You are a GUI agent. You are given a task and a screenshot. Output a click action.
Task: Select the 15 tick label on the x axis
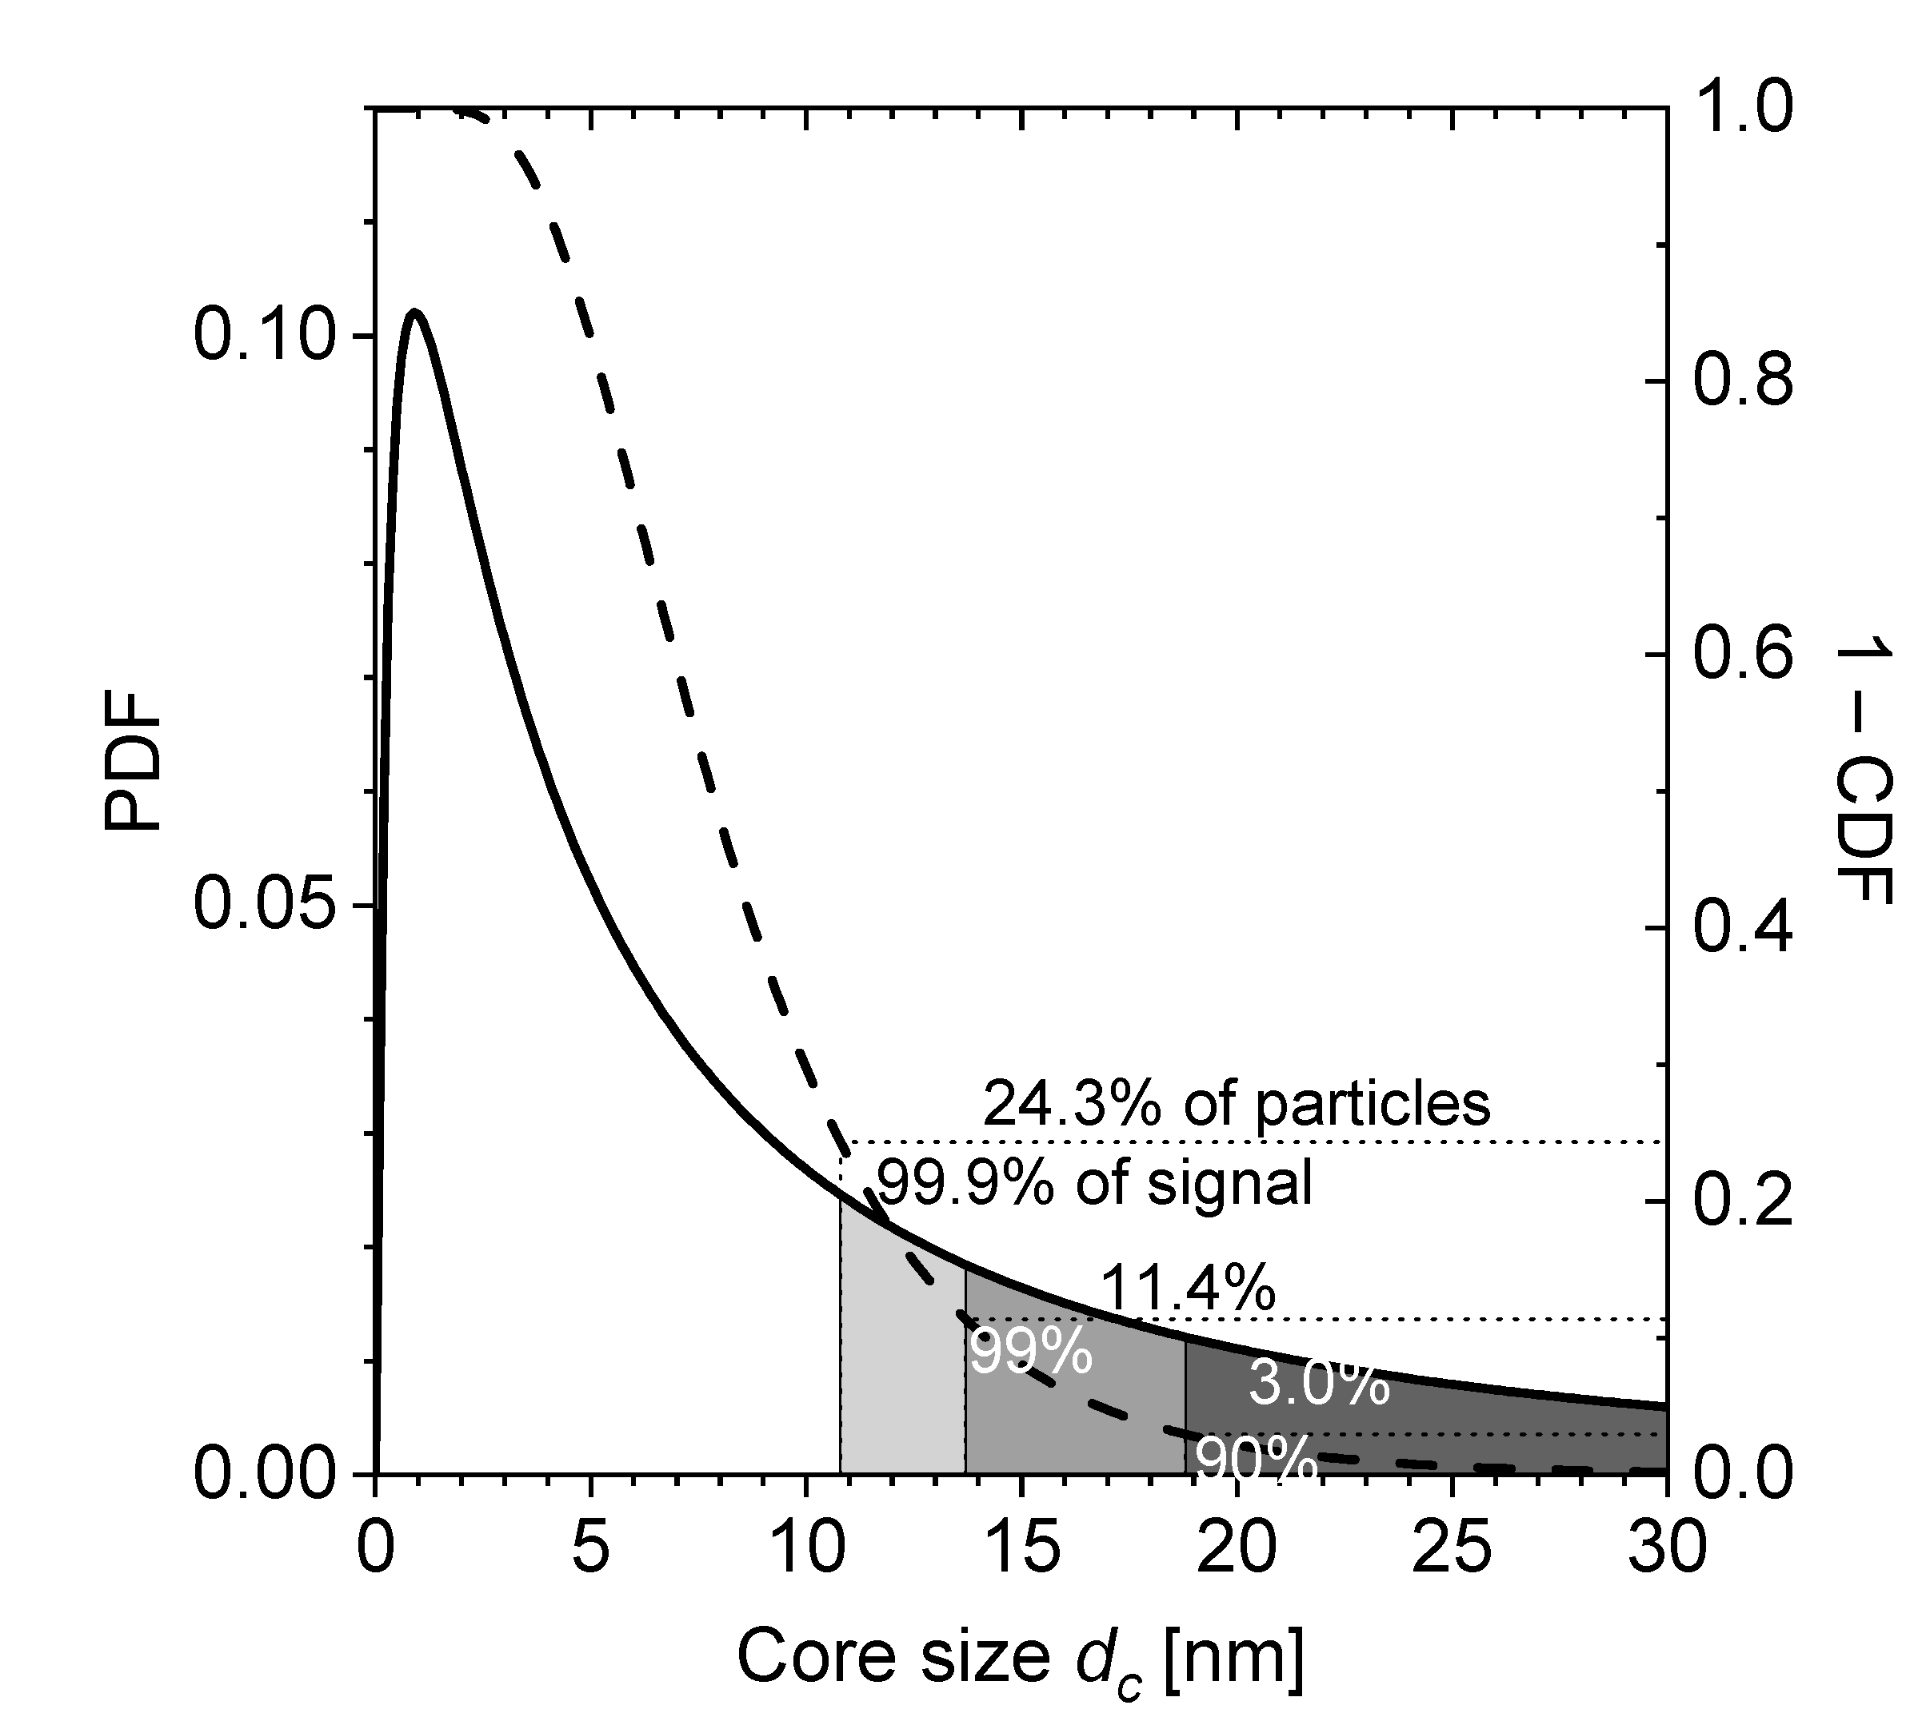pyautogui.click(x=1022, y=1548)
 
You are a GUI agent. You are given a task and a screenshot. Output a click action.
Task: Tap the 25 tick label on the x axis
pyautogui.click(x=1452, y=1548)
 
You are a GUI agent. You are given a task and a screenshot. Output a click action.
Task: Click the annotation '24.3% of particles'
pyautogui.click(x=1236, y=1104)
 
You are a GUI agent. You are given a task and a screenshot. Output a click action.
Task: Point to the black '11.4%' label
pyautogui.click(x=1187, y=1289)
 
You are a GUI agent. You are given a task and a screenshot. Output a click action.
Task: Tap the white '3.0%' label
pyautogui.click(x=1318, y=1384)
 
